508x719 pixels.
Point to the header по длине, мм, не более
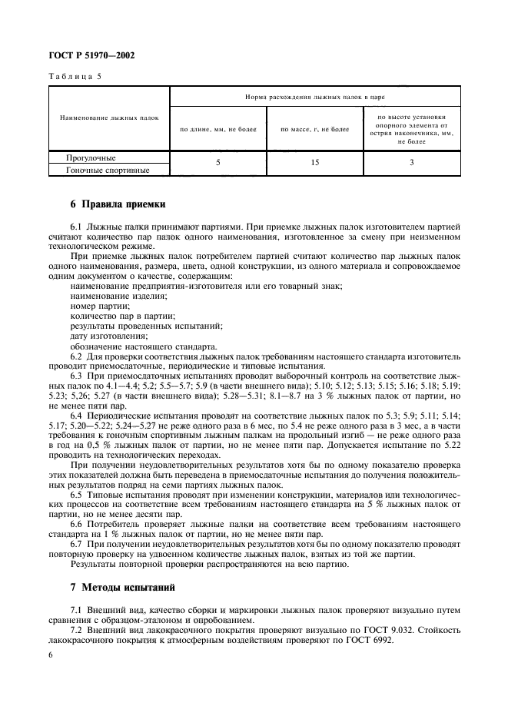point(218,130)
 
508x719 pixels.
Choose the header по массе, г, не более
point(314,130)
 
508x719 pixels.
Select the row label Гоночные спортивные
point(108,170)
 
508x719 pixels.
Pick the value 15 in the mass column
point(314,164)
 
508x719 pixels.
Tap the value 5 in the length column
point(218,164)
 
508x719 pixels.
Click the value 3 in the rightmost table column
point(411,164)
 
